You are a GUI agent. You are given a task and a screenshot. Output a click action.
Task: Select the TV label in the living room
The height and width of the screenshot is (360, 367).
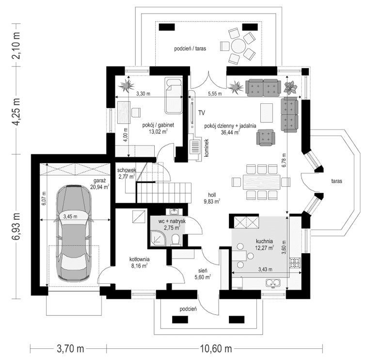[201, 113]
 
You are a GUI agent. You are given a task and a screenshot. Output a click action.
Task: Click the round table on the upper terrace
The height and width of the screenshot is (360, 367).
[239, 47]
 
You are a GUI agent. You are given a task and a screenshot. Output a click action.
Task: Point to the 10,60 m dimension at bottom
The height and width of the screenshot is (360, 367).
[213, 348]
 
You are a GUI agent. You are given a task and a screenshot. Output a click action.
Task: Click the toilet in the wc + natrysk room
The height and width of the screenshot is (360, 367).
[176, 240]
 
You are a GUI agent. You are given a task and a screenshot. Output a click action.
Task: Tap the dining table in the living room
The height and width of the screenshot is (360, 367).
[256, 182]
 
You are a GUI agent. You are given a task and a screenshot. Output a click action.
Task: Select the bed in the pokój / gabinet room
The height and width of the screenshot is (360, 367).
[174, 95]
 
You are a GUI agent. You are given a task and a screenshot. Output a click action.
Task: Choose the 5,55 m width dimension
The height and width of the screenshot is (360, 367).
[214, 94]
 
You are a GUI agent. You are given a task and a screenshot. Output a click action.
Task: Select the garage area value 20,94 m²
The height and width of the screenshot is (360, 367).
[101, 186]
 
